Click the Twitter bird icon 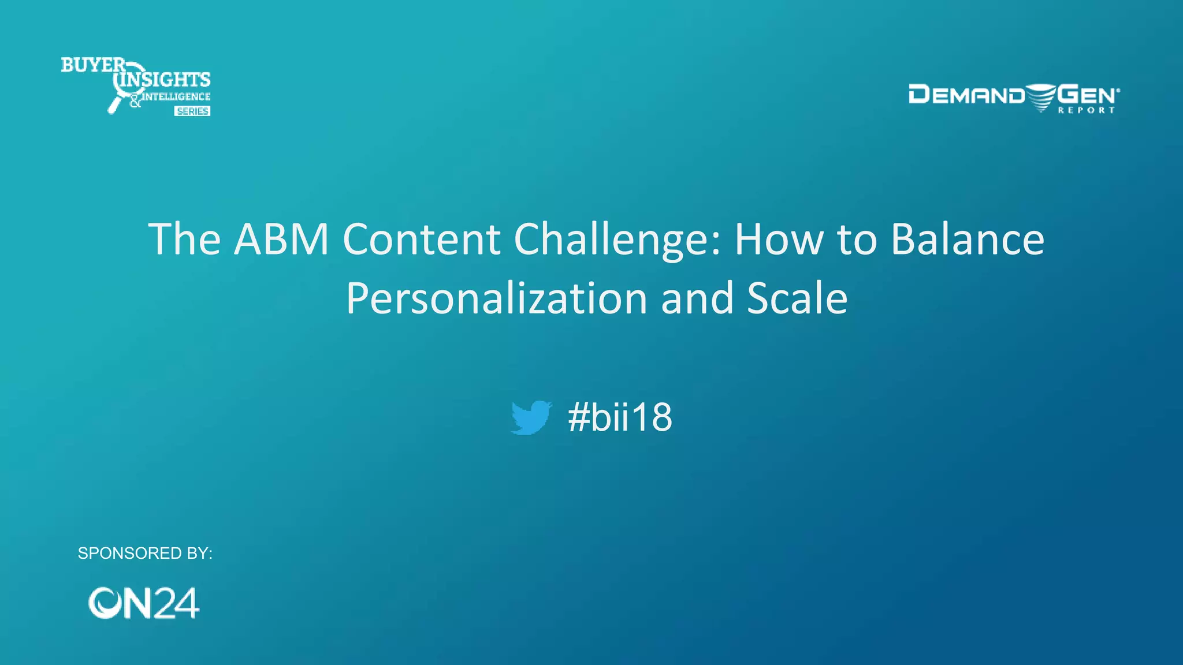[531, 417]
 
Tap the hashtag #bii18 [620, 417]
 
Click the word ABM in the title [281, 239]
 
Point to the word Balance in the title [968, 239]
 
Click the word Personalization [497, 299]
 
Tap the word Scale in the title [797, 298]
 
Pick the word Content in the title [421, 239]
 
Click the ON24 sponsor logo [143, 603]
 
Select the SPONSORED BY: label [145, 553]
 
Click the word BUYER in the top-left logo [92, 65]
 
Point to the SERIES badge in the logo [192, 111]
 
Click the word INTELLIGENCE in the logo [176, 96]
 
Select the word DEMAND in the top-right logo [966, 95]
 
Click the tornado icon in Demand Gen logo [1041, 97]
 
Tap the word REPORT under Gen [1086, 110]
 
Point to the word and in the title [697, 298]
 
